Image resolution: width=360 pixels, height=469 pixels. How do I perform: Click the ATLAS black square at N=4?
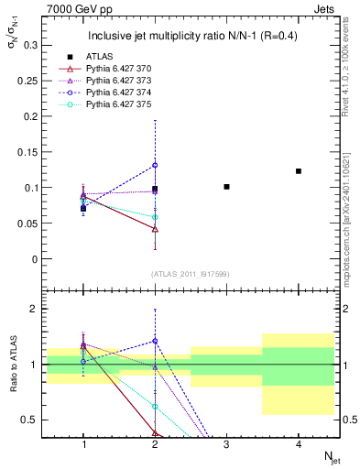(299, 171)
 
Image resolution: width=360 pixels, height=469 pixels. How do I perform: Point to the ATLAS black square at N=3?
(227, 187)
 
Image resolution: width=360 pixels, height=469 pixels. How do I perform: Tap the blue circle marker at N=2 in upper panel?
(155, 165)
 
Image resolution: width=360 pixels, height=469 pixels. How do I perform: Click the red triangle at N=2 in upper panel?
(155, 229)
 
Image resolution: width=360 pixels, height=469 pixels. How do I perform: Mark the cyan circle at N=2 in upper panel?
(155, 217)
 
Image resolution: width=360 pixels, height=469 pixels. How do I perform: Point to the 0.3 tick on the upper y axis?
(32, 45)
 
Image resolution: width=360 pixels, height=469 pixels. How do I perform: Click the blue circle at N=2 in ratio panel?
(155, 341)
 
